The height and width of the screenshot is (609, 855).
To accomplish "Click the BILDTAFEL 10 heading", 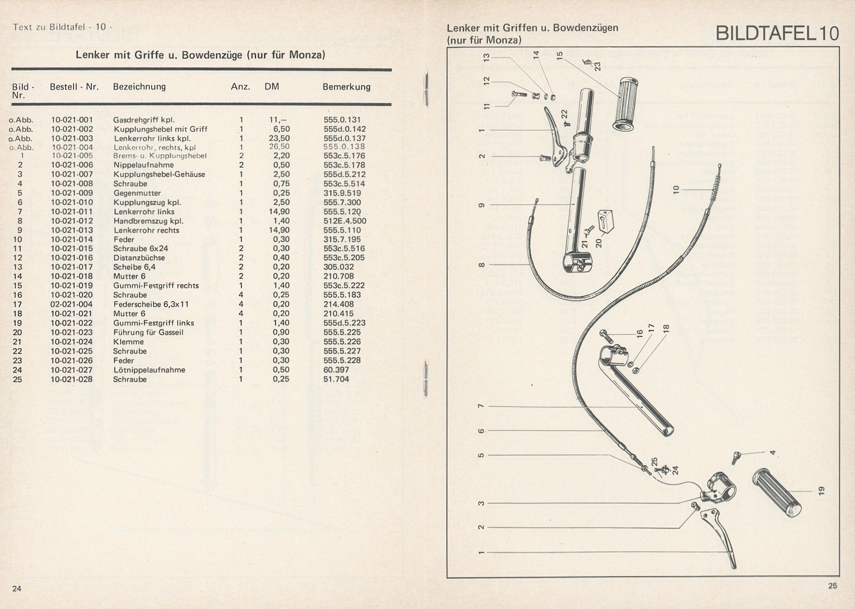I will (777, 33).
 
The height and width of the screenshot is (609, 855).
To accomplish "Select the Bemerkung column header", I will (346, 87).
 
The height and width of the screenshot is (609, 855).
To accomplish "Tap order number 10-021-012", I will (72, 221).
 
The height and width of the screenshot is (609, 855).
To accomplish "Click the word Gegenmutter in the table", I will (137, 193).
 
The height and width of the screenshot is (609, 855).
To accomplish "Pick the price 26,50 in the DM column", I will (279, 147).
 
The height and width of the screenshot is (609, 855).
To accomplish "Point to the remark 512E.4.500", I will (344, 221).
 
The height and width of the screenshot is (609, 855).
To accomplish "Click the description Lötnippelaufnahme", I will (149, 370).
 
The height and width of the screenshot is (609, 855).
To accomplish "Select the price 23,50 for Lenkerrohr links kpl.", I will (279, 138).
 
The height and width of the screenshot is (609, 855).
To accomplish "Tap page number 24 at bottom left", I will (17, 589).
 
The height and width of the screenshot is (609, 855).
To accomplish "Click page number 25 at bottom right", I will (833, 586).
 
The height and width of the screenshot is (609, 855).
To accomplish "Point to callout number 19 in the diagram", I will (822, 491).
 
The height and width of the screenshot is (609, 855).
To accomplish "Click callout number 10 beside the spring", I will (676, 190).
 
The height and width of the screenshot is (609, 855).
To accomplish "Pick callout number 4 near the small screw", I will (772, 452).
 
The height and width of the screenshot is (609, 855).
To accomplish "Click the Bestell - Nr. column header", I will (74, 87).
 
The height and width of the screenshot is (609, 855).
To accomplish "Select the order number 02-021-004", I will (72, 304).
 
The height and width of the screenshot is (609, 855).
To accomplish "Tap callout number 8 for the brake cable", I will (481, 264).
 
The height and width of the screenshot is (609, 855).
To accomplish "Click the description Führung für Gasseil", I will (148, 332).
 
